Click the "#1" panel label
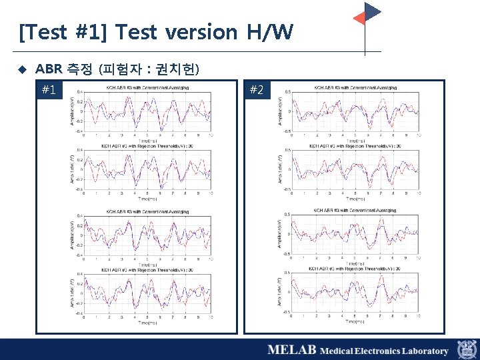tap(49, 90)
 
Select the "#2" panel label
tap(257, 90)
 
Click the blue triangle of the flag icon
tap(372, 11)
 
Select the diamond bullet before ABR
tap(21, 69)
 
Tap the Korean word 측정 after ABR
tap(79, 69)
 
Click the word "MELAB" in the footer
tap(291, 350)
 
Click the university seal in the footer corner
tap(466, 349)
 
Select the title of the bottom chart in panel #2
tap(354, 268)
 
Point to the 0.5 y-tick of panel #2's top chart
tap(287, 92)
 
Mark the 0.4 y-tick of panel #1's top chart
tap(80, 92)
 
